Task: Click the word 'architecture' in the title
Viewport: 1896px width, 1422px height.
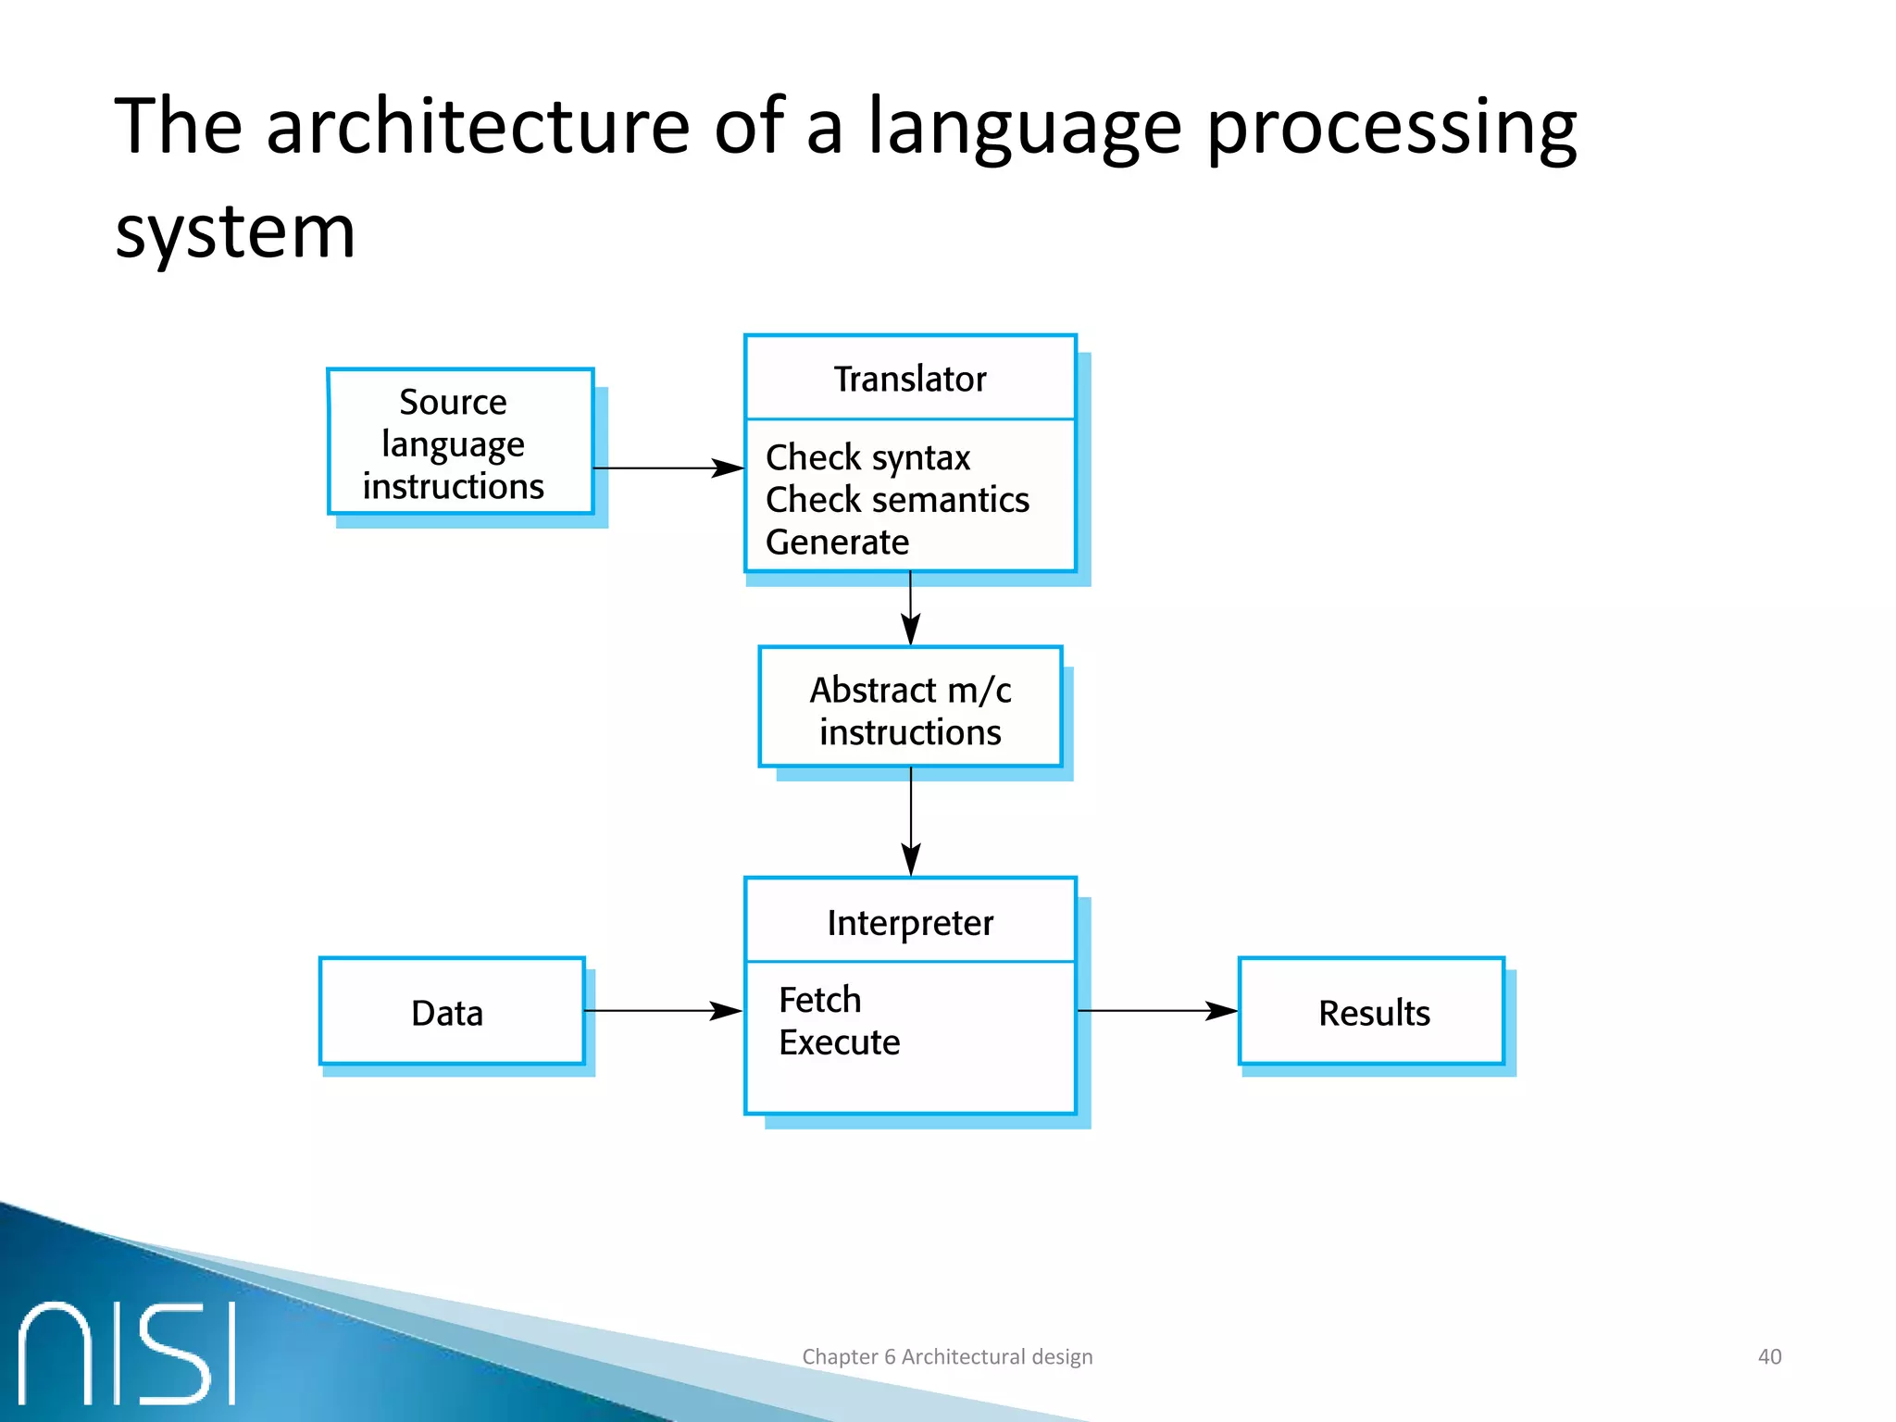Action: (478, 127)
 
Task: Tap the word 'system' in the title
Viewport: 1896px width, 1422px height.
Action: (235, 231)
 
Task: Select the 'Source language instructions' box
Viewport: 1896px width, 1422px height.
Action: (460, 443)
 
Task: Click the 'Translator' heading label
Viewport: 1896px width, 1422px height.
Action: (910, 380)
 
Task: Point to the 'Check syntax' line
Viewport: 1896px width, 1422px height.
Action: (867, 457)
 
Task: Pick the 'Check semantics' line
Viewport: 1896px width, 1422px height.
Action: (897, 500)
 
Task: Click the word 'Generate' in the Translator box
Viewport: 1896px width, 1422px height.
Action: (837, 543)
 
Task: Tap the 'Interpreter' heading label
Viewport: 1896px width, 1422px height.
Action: (910, 923)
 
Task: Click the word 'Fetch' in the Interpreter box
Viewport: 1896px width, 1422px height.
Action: (819, 1001)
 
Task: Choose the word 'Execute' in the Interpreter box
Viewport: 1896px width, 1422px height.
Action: (839, 1043)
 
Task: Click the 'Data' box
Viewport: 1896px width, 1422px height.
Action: (452, 1012)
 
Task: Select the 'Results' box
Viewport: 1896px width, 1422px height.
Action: (1372, 1012)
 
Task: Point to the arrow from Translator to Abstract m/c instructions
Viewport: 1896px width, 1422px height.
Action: (911, 608)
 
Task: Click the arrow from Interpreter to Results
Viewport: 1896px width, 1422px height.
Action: (1157, 1011)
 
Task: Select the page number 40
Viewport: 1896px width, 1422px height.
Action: (1769, 1356)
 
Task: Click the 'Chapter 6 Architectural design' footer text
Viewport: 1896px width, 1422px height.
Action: (947, 1356)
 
